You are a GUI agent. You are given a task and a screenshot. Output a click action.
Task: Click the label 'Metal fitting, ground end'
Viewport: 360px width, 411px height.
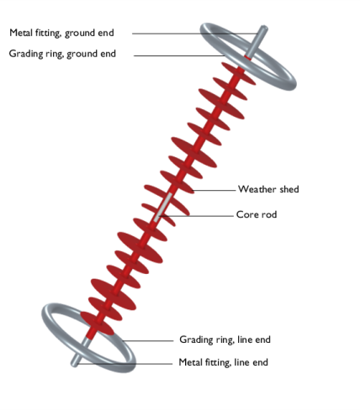pyautogui.click(x=61, y=33)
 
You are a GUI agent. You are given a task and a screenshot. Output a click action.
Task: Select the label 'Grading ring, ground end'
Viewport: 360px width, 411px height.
pyautogui.click(x=62, y=54)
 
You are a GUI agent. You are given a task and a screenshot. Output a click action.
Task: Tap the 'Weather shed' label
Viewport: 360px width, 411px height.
pyautogui.click(x=268, y=189)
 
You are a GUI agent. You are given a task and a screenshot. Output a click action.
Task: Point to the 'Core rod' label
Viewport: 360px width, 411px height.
pyautogui.click(x=257, y=214)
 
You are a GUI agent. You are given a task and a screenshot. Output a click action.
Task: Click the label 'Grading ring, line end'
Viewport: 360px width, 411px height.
pyautogui.click(x=225, y=340)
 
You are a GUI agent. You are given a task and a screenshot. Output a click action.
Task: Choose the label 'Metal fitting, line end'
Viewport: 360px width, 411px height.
pyautogui.click(x=223, y=362)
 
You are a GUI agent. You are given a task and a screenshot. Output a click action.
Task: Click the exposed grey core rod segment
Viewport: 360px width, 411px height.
pyautogui.click(x=163, y=208)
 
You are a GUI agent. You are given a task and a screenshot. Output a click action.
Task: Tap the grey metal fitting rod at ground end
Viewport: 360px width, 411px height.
pyautogui.click(x=257, y=41)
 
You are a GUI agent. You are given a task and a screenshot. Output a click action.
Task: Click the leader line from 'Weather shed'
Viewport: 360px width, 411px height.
pyautogui.click(x=214, y=190)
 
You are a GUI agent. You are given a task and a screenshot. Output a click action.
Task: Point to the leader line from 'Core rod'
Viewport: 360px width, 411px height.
pyautogui.click(x=196, y=216)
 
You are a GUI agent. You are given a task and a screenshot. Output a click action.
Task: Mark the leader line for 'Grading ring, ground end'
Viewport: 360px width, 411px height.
pyautogui.click(x=179, y=55)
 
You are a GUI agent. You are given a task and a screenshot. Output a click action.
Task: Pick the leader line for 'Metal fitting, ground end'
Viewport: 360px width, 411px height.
pyautogui.click(x=195, y=34)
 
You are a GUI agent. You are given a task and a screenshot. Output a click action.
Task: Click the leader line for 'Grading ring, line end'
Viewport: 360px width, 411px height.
pyautogui.click(x=148, y=341)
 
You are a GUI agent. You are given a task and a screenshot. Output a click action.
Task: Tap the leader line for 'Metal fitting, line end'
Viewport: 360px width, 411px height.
pyautogui.click(x=124, y=364)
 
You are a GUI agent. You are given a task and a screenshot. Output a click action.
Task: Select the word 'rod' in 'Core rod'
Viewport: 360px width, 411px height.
pyautogui.click(x=268, y=214)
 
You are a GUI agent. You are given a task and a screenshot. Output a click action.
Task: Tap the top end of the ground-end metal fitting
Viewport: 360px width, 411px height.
pyautogui.click(x=264, y=28)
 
